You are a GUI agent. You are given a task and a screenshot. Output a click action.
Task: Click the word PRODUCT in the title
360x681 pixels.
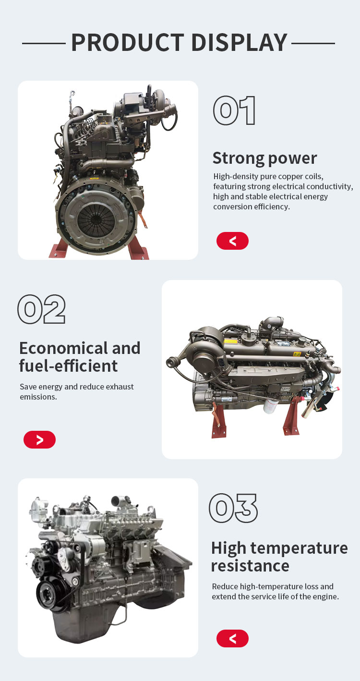tap(128, 42)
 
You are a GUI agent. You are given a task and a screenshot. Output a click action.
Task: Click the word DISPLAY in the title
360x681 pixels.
tap(240, 42)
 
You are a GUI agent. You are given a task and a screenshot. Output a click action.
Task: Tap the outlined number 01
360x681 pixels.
tap(234, 110)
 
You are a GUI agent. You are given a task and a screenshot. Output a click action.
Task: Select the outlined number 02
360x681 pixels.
tap(42, 309)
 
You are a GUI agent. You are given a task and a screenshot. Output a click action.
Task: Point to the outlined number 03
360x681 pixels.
tap(233, 508)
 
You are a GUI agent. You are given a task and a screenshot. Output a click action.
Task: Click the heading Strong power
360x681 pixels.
tap(264, 158)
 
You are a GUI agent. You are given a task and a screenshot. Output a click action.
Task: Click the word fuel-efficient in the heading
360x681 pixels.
tap(68, 365)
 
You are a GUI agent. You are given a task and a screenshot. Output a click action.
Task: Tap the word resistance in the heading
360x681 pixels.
tap(250, 566)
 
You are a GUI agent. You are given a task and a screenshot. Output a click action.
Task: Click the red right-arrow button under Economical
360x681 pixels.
tap(39, 439)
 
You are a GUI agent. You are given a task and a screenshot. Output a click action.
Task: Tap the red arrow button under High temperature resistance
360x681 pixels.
tap(232, 638)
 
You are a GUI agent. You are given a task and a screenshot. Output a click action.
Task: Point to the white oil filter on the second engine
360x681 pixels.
tap(270, 406)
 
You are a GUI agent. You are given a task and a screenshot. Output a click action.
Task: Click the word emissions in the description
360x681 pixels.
tap(38, 397)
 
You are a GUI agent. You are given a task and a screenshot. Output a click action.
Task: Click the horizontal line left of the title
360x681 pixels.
tap(44, 44)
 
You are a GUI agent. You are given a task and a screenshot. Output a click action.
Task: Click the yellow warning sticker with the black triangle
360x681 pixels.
tap(297, 354)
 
